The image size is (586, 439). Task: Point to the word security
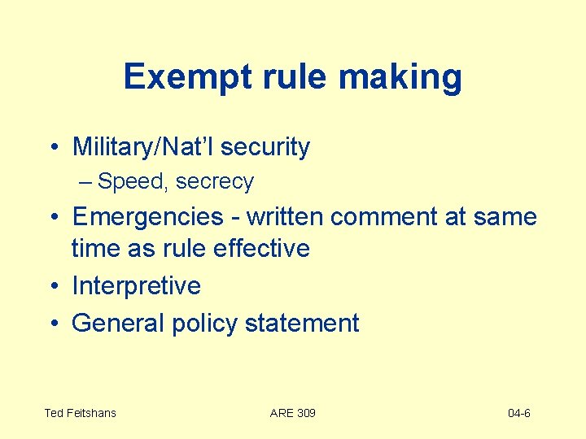265,147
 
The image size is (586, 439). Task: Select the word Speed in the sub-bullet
132,181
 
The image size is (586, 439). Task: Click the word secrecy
215,181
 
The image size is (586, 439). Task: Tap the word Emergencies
147,217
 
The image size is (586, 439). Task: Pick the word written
283,217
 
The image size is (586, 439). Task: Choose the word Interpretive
136,286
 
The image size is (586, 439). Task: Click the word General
118,323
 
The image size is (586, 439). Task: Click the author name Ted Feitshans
80,413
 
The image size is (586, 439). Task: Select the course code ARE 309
292,413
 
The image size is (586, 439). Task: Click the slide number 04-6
518,413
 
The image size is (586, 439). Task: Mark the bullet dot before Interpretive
52,286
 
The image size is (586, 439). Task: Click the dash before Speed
86,181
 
